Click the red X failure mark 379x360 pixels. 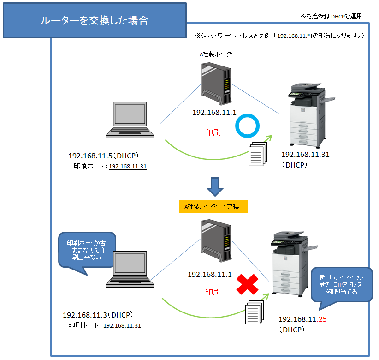pyautogui.click(x=247, y=285)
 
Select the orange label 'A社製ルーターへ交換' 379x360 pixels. pyautogui.click(x=213, y=206)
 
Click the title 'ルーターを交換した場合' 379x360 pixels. pyautogui.click(x=94, y=21)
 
